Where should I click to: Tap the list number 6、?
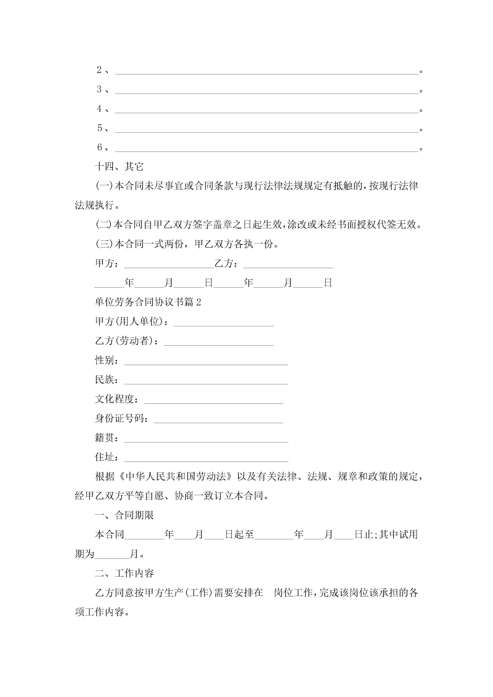(103, 148)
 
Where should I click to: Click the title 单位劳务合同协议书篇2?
(148, 302)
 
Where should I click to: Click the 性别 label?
(105, 361)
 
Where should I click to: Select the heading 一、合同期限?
(124, 515)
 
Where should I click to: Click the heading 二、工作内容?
(124, 573)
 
